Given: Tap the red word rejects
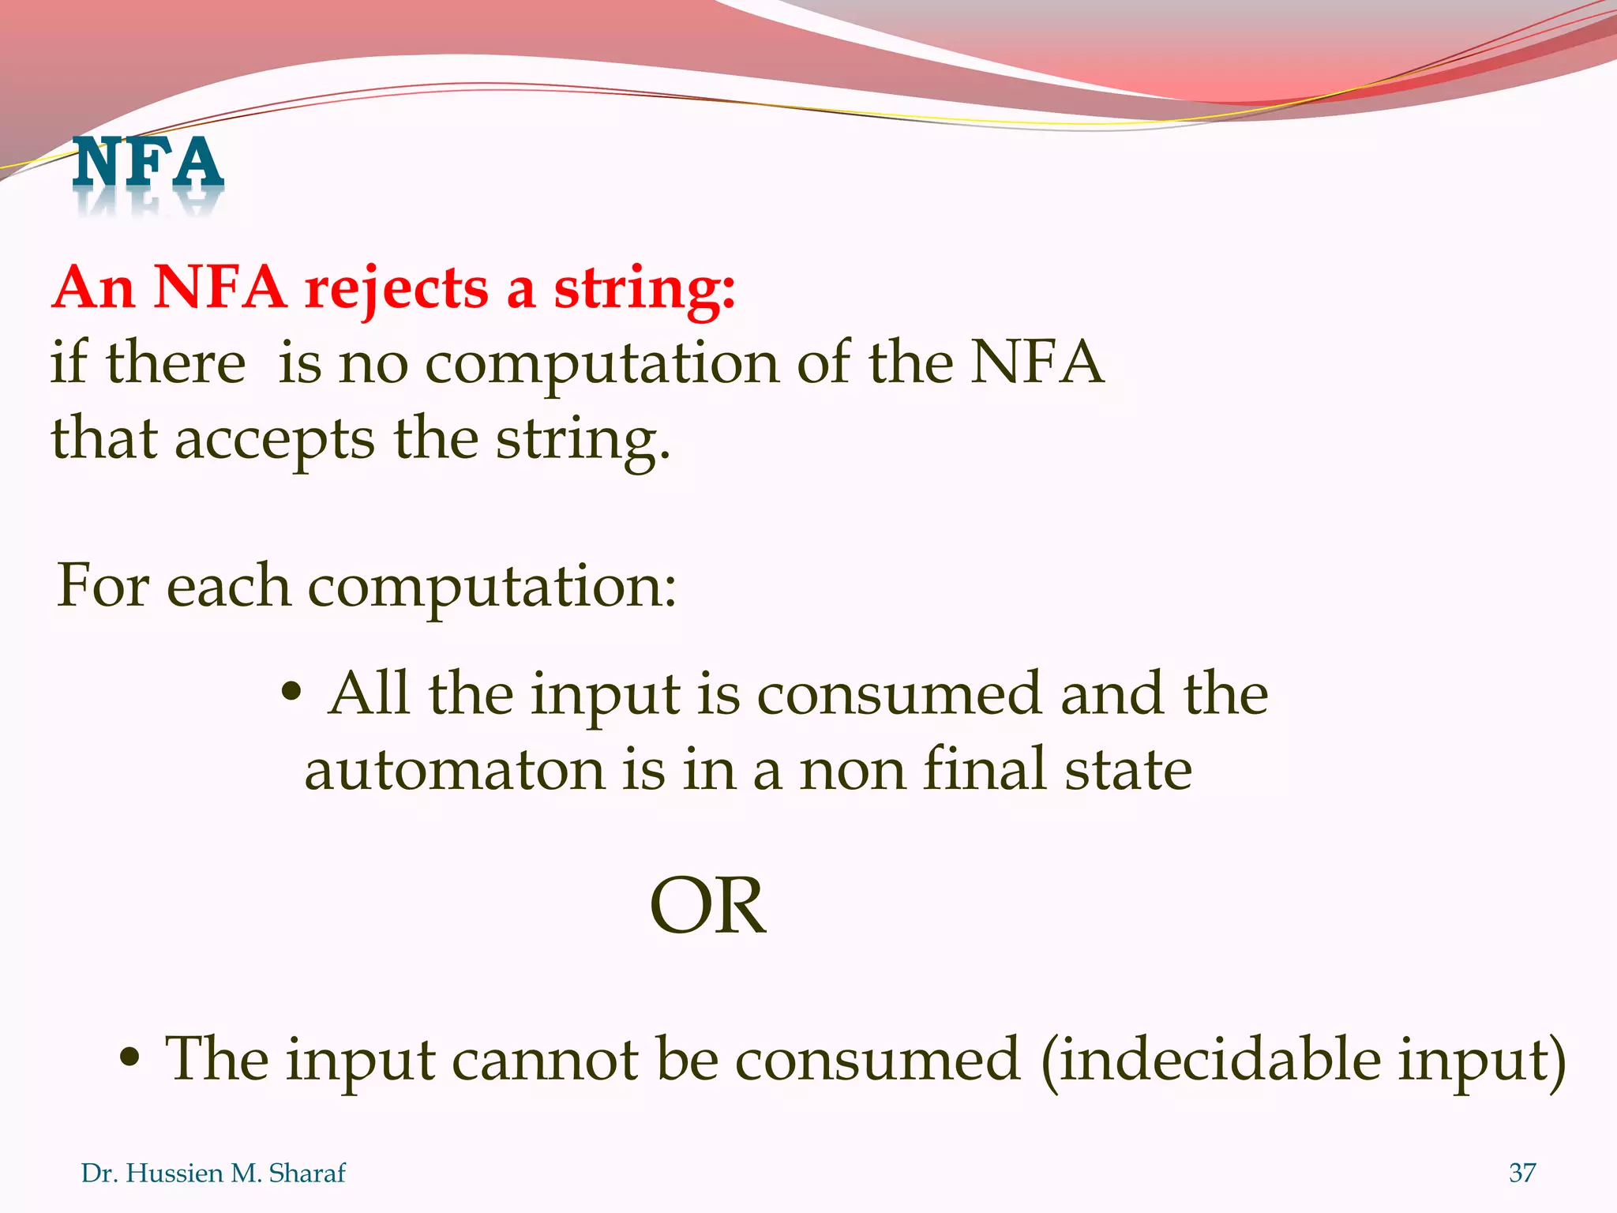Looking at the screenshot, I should click(396, 289).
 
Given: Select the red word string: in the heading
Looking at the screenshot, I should click(644, 289).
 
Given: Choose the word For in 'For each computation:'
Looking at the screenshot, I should click(102, 586).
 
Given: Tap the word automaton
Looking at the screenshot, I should click(455, 770).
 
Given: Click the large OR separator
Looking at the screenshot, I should click(707, 907).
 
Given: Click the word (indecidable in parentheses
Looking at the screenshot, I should click(1211, 1059).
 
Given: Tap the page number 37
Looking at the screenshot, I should click(1521, 1173).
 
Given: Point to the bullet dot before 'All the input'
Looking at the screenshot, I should click(291, 693).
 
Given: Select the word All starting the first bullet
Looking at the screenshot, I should click(369, 693).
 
